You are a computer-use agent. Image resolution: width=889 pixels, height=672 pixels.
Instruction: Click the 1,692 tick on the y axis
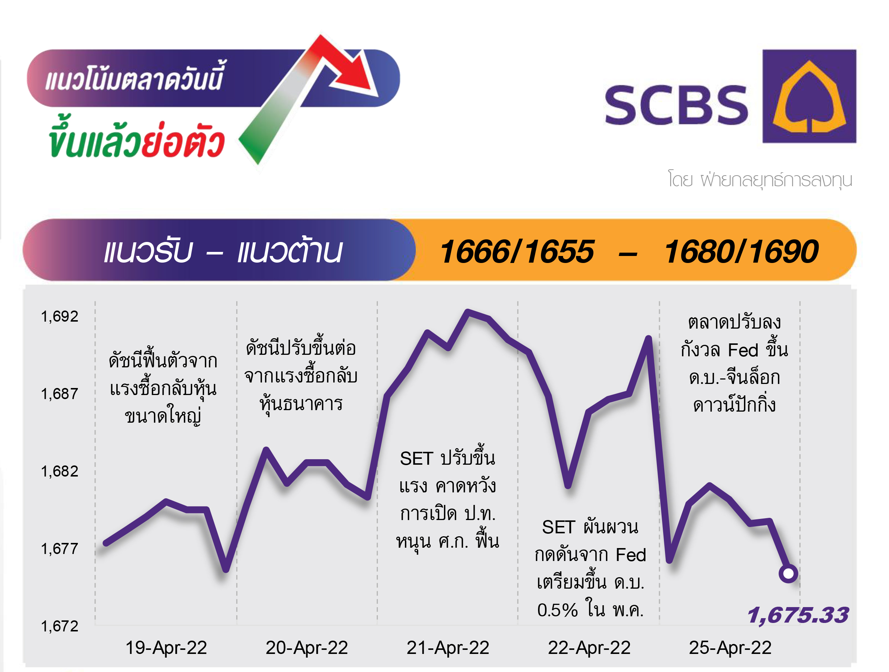pos(59,316)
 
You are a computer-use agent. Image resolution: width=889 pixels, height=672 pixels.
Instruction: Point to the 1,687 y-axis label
pos(59,394)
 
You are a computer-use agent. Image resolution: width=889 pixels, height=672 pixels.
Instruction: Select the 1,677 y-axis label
pos(59,549)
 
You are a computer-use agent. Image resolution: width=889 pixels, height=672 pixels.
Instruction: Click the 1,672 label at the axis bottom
pos(59,627)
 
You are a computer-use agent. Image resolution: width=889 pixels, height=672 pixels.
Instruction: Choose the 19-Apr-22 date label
pos(166,648)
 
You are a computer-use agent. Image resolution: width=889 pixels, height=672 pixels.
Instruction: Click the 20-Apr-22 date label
pos(307,648)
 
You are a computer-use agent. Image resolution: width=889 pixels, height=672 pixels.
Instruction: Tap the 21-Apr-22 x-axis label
pos(448,648)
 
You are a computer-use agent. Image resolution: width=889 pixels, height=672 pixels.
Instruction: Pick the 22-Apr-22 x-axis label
pos(589,648)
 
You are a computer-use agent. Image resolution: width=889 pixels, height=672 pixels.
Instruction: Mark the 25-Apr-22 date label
pos(730,648)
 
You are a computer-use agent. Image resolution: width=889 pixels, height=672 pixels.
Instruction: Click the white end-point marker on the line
pos(788,574)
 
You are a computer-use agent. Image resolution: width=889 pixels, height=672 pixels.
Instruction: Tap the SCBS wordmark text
pos(676,105)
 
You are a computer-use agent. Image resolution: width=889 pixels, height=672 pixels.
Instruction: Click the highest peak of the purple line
pos(468,311)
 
